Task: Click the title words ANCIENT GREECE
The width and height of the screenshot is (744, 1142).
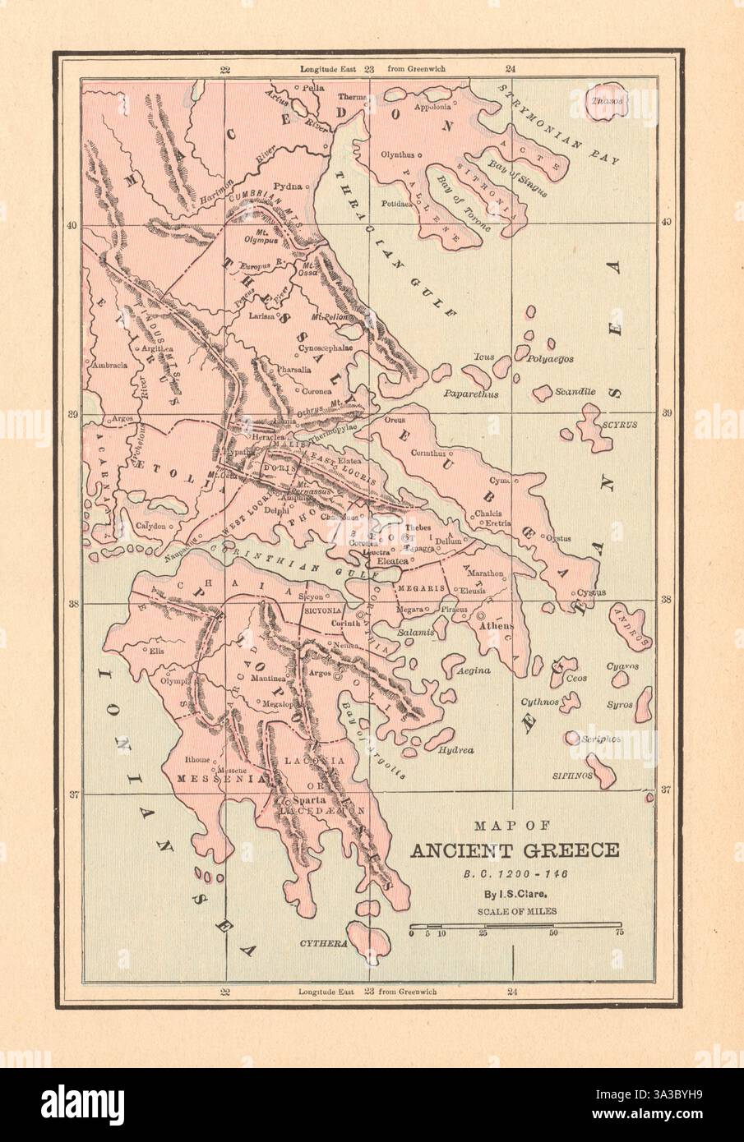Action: pyautogui.click(x=515, y=850)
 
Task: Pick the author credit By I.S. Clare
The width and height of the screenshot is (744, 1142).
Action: pyautogui.click(x=515, y=891)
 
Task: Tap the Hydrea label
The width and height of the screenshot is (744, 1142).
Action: pyautogui.click(x=456, y=750)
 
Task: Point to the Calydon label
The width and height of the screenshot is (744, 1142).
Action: pyautogui.click(x=150, y=526)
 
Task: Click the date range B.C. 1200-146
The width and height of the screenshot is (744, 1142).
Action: pyautogui.click(x=515, y=873)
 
